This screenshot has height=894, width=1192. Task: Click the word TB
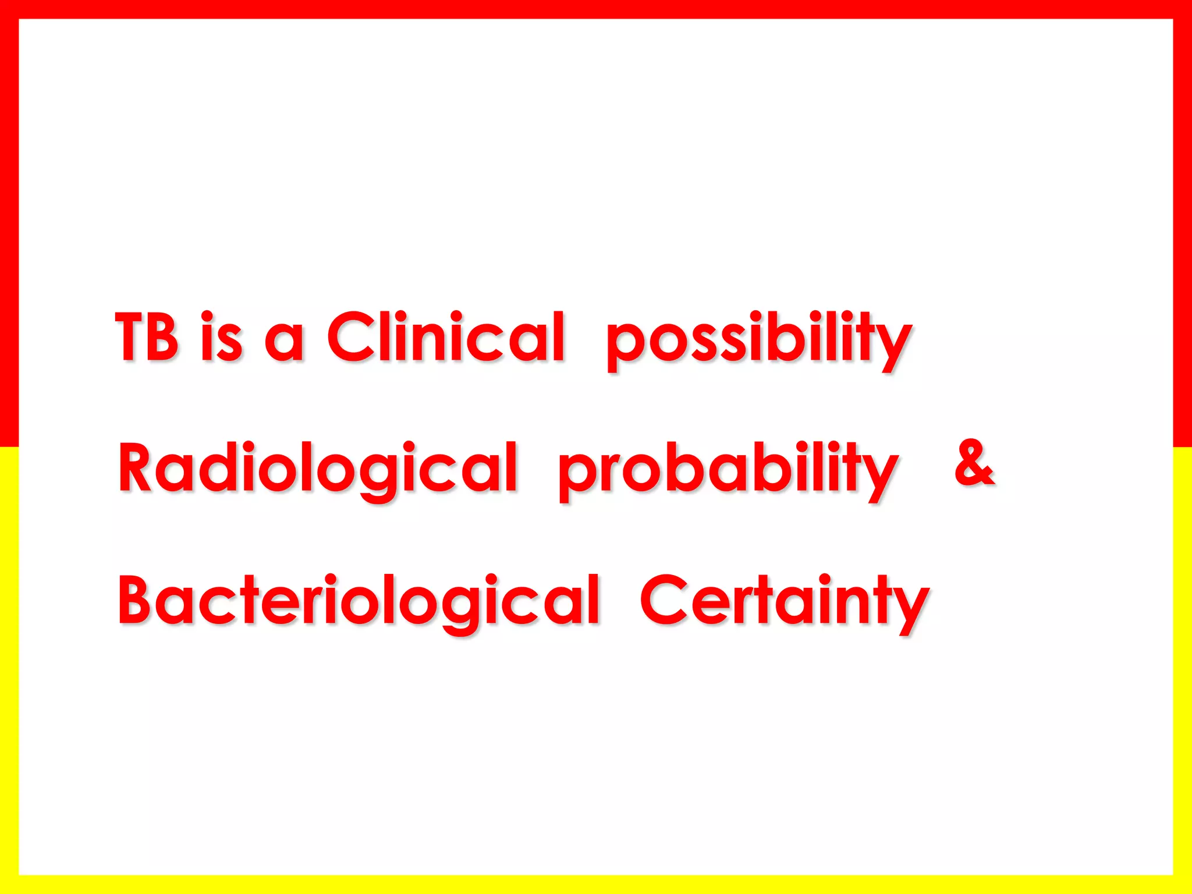coord(147,337)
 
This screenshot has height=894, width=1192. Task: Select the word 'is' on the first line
coord(221,337)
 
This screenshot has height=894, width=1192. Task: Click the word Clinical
coord(446,337)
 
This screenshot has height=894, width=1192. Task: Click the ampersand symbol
coord(974,463)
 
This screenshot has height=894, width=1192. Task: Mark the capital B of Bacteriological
coord(138,599)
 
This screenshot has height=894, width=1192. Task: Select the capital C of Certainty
coord(665,600)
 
